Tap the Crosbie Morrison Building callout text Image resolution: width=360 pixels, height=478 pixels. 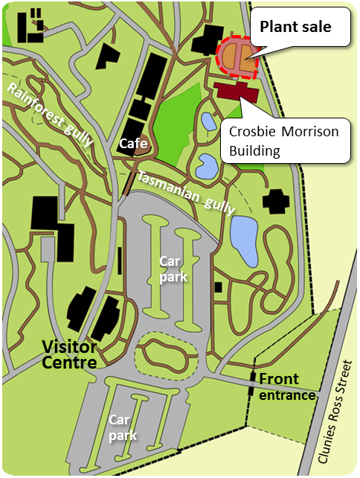point(283,141)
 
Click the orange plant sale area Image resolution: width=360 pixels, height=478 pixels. point(237,59)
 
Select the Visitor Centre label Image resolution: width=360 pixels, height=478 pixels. point(69,355)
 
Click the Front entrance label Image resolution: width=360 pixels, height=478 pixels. point(287,387)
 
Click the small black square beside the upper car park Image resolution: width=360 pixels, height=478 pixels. point(218,287)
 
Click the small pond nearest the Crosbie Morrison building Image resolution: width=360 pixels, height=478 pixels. point(208,121)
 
